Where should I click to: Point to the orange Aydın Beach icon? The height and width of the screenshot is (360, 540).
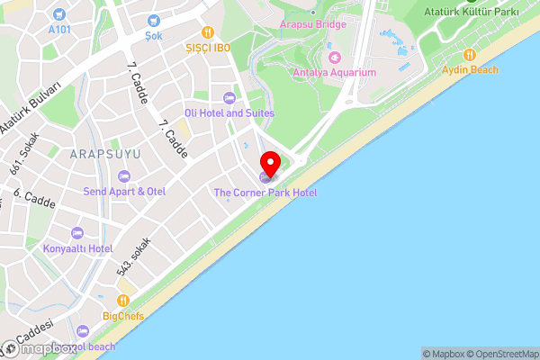click(x=469, y=53)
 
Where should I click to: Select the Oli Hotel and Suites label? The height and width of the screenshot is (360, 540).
click(x=229, y=113)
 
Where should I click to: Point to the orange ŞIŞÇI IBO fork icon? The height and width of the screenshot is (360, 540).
click(x=207, y=31)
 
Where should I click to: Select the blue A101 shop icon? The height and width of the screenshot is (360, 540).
click(x=59, y=13)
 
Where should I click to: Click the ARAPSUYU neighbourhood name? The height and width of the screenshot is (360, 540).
click(x=105, y=155)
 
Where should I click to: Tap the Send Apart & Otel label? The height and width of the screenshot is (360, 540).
click(x=124, y=192)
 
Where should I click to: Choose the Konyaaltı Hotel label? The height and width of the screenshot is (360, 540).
click(x=77, y=248)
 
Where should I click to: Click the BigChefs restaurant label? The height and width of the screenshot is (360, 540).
click(x=123, y=316)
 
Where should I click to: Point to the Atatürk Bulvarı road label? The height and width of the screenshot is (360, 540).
click(x=31, y=109)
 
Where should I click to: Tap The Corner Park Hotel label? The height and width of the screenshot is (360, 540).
click(x=265, y=193)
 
